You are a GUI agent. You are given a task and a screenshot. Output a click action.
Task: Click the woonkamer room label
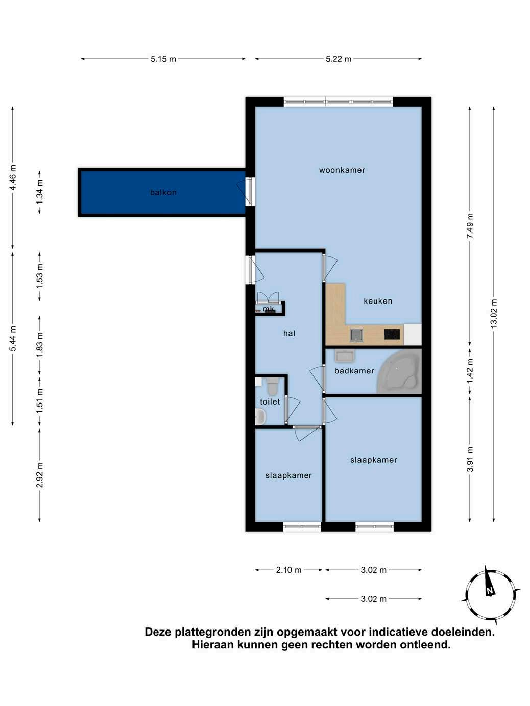342,170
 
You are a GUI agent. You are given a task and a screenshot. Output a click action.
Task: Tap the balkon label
163,192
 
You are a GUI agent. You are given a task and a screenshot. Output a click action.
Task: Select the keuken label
378,301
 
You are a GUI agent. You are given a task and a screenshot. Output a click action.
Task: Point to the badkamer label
354,371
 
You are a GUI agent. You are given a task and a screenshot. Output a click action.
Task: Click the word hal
290,333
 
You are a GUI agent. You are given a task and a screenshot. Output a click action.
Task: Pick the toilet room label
270,401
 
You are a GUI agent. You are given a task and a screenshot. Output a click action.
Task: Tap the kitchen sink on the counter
356,335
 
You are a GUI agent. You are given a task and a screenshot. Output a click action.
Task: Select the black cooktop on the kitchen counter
392,334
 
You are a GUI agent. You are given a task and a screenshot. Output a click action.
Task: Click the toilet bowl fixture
273,386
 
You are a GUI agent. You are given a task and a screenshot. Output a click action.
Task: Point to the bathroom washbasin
345,356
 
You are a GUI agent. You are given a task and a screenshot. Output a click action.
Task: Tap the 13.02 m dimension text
494,314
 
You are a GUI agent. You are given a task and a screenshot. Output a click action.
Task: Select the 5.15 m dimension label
163,59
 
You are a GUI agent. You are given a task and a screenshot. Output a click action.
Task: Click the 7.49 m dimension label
470,226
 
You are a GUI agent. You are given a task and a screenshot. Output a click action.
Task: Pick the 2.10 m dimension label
288,570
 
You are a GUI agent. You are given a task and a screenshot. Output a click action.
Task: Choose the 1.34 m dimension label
40,192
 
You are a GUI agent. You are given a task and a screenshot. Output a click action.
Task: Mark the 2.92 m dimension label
40,475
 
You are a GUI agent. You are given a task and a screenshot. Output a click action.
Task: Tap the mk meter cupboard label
269,309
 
